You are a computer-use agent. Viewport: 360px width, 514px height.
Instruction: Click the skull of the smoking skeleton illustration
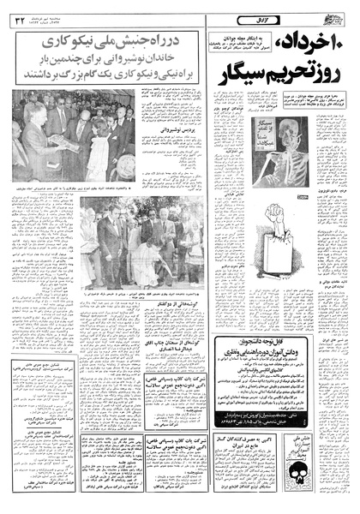click(x=297, y=129)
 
